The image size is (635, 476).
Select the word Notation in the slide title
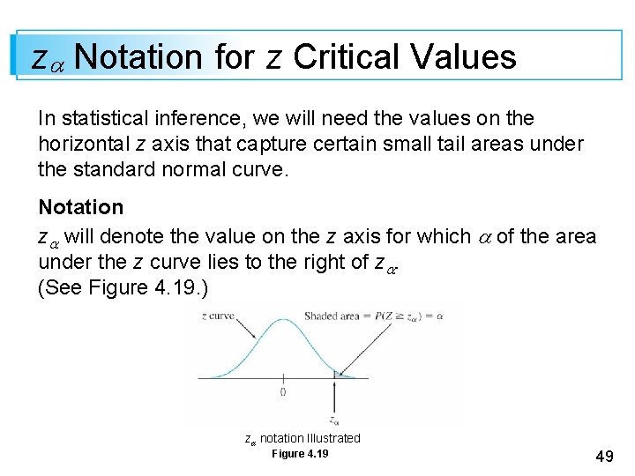(x=138, y=57)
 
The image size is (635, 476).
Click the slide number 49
(x=605, y=456)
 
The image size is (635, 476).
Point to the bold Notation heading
(x=81, y=207)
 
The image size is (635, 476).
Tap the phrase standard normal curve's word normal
(x=204, y=168)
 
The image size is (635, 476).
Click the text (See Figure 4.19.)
(x=123, y=288)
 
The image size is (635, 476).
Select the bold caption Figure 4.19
(x=300, y=454)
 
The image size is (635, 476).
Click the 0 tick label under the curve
(x=282, y=391)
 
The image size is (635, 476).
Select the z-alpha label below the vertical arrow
(x=333, y=420)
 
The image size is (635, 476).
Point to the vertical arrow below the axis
(x=333, y=398)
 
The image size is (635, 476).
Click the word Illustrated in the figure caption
(x=331, y=438)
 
